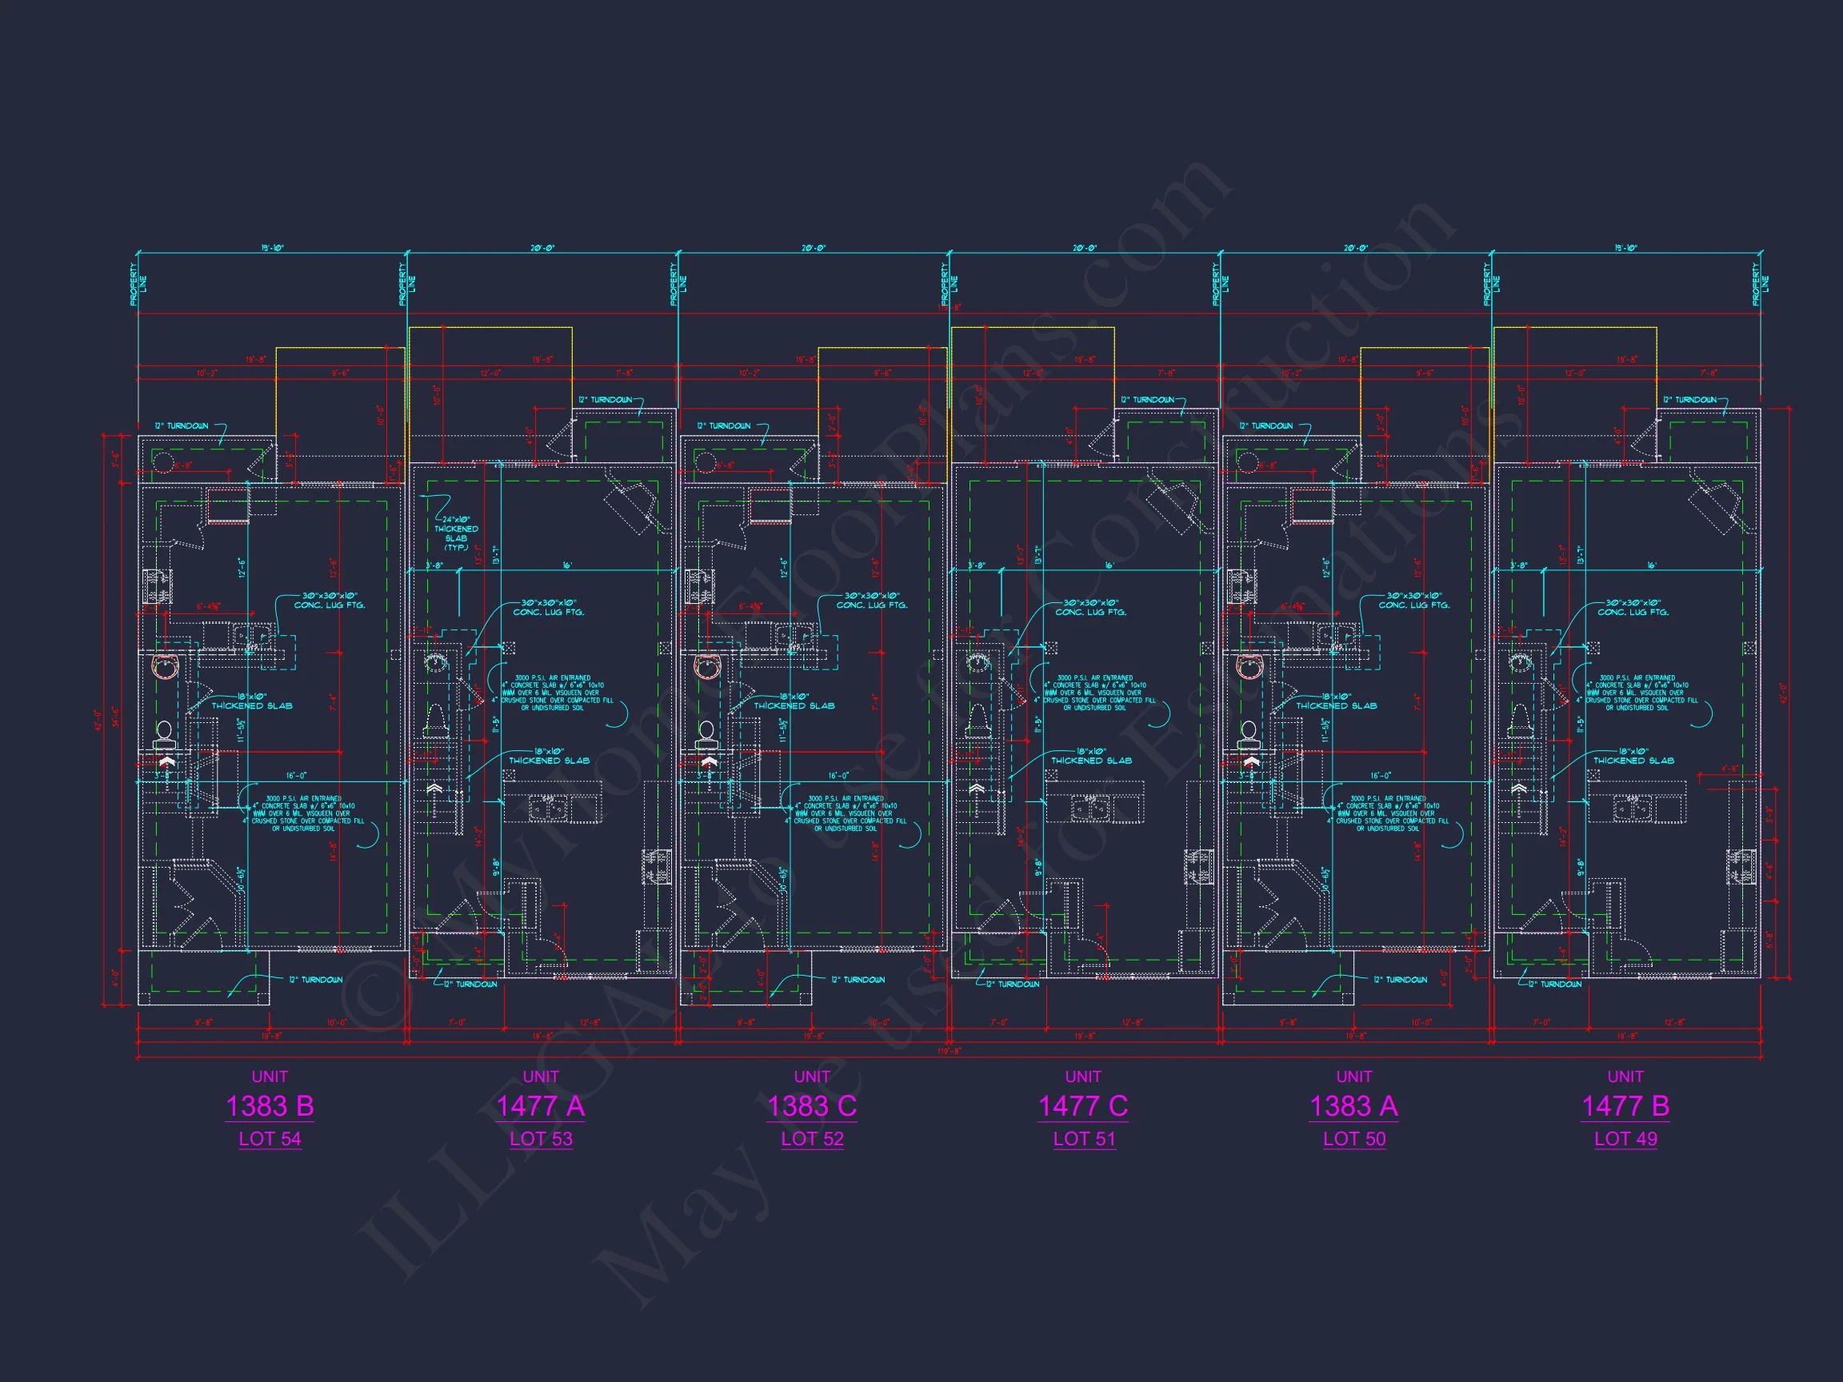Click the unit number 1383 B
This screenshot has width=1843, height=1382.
click(269, 1106)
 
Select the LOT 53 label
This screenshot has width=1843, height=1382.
click(541, 1139)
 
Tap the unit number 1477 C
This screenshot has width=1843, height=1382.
click(1082, 1106)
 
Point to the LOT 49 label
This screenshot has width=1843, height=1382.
click(1625, 1139)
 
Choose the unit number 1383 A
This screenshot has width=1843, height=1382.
click(1353, 1106)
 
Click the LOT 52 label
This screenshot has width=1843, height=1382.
click(812, 1139)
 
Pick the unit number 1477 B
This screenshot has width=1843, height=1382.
click(1625, 1106)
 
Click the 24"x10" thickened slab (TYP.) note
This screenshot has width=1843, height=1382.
click(456, 534)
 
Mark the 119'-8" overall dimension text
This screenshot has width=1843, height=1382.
click(949, 1051)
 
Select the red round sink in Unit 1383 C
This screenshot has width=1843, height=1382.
click(707, 666)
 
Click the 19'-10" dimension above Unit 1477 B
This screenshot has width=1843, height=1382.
click(1625, 248)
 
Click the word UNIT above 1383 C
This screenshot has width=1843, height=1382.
click(812, 1076)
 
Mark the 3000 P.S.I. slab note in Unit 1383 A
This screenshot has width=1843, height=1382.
click(1387, 813)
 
